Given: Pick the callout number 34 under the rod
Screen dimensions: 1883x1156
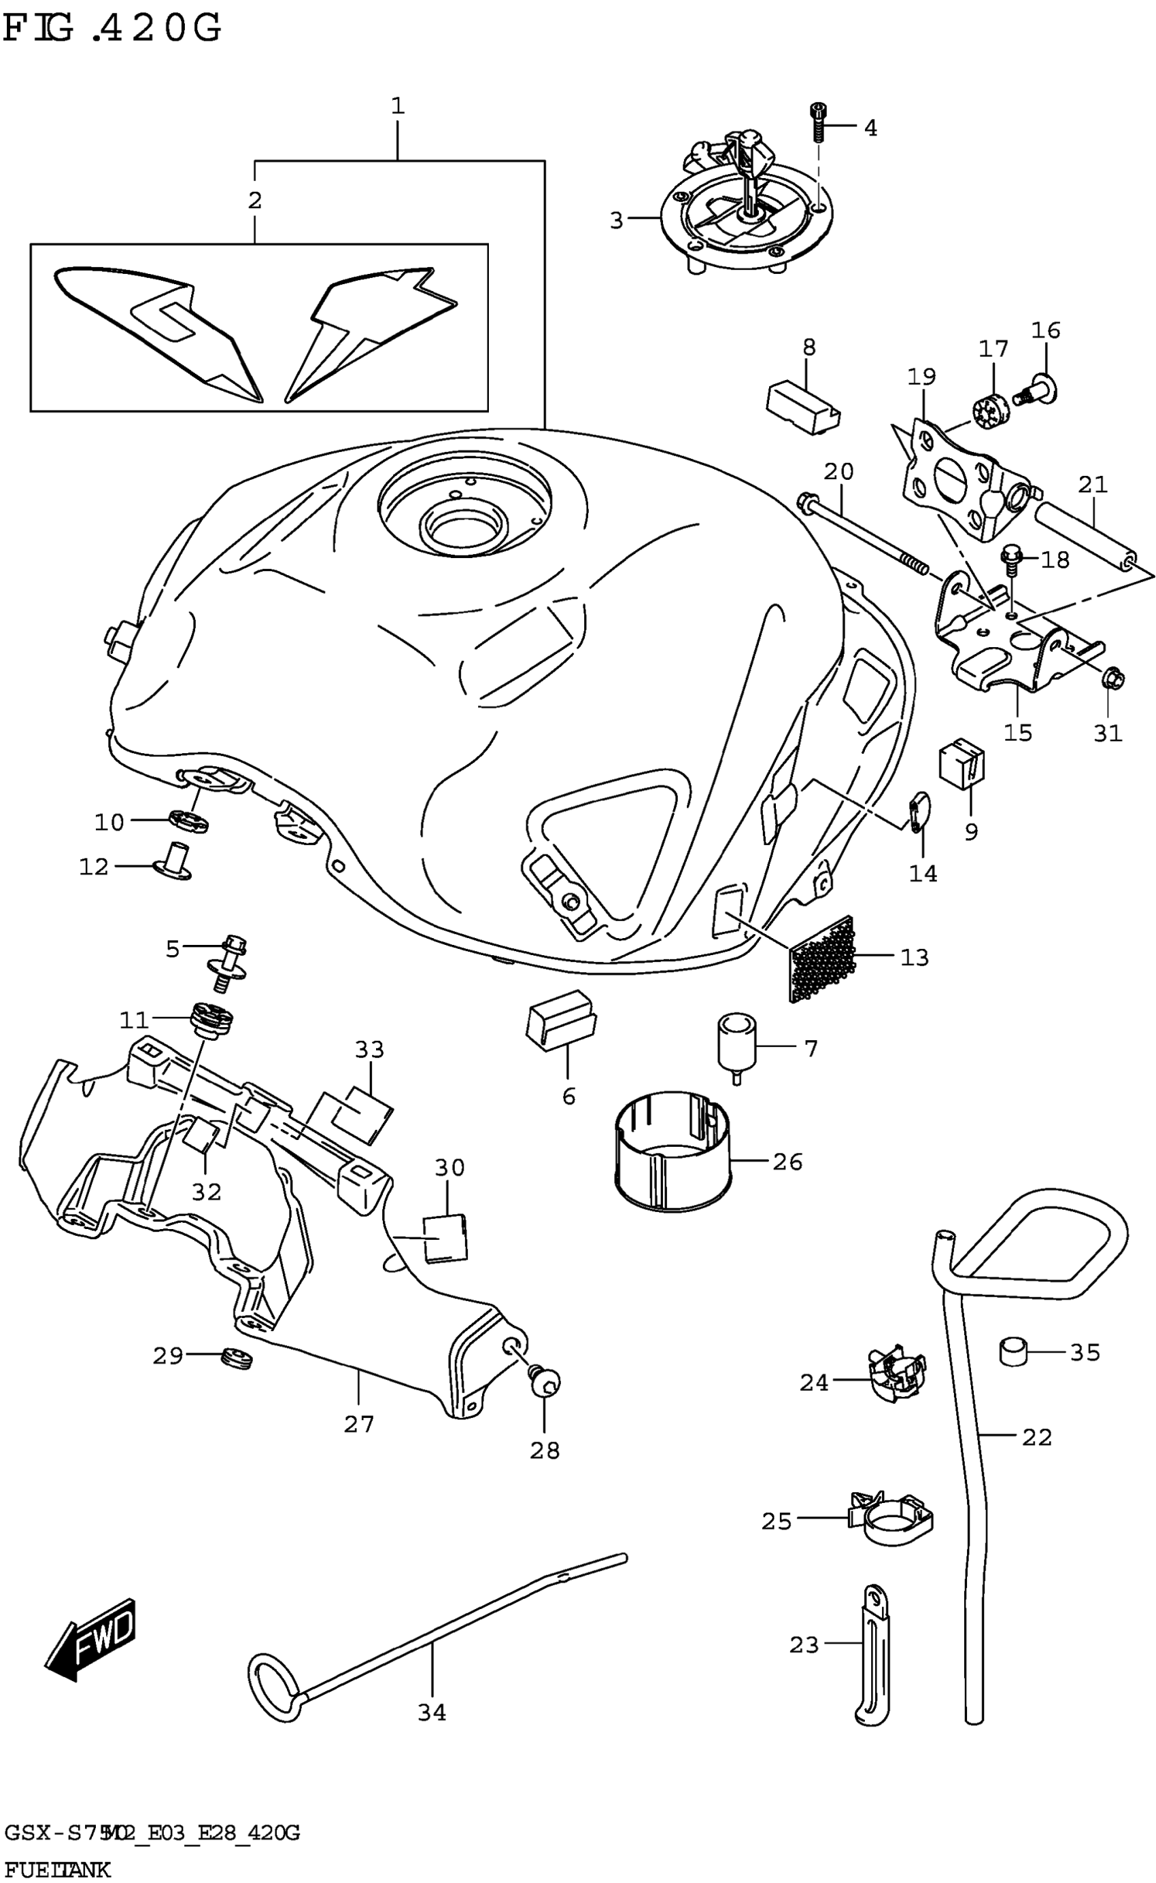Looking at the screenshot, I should pyautogui.click(x=432, y=1712).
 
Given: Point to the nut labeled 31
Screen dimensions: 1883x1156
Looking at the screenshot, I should pyautogui.click(x=1112, y=677).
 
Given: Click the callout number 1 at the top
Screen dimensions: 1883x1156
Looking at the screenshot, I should pyautogui.click(x=398, y=106).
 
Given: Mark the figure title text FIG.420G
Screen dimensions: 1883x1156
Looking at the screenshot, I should pyautogui.click(x=112, y=29).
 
